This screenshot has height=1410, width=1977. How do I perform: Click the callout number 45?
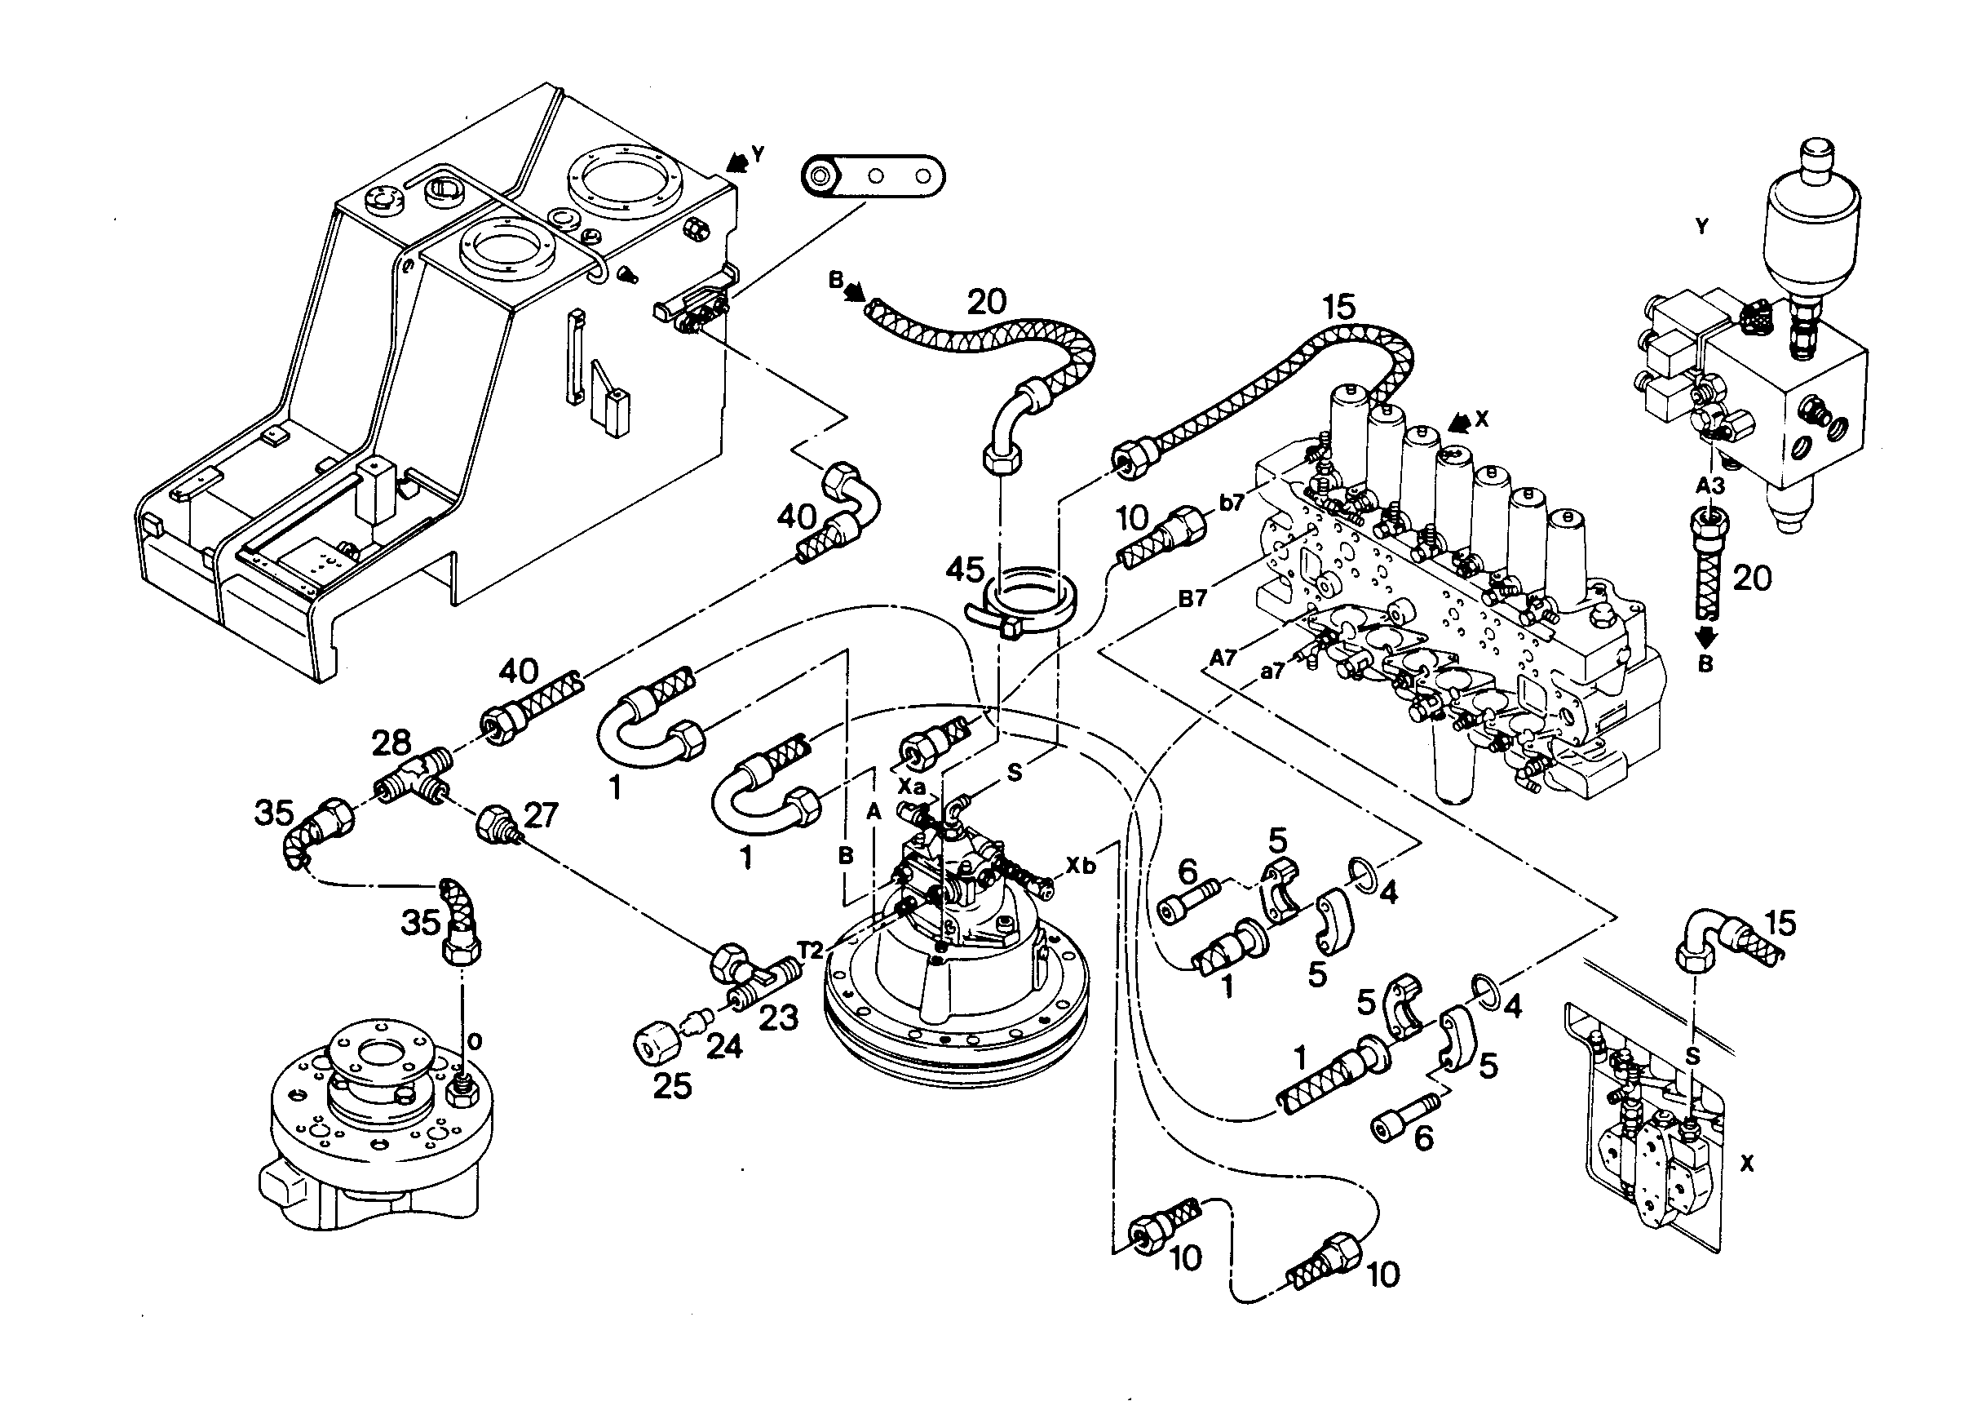(964, 570)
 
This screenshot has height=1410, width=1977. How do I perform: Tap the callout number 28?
(391, 743)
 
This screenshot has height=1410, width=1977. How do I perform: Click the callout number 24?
(723, 1046)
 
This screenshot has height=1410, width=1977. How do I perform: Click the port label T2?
(810, 950)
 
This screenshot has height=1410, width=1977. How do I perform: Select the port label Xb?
(1080, 866)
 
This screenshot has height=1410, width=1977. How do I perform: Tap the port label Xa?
(911, 787)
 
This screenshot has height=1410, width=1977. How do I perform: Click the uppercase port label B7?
(1192, 598)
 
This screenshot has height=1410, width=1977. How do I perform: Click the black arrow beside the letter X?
(1461, 421)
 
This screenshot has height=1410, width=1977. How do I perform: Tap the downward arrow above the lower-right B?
(1706, 636)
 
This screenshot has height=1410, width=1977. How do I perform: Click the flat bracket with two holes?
(872, 177)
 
